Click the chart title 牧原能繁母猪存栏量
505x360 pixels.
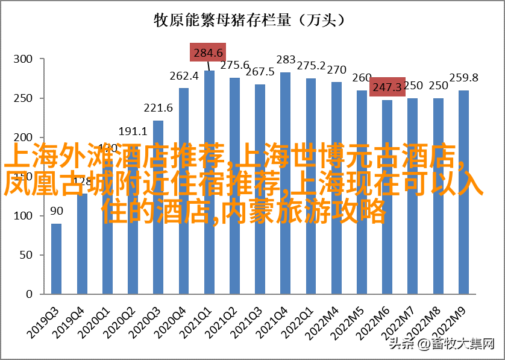[249, 21]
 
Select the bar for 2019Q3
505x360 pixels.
[56, 259]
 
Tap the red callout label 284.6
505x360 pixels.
[208, 52]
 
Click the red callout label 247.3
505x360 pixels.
[387, 87]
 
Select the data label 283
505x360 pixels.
[286, 60]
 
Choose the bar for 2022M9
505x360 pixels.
[463, 192]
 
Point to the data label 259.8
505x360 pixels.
[463, 78]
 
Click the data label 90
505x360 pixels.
[56, 211]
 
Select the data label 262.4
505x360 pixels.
[184, 76]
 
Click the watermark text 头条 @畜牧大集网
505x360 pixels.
[442, 344]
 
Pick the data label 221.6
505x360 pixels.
[158, 108]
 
